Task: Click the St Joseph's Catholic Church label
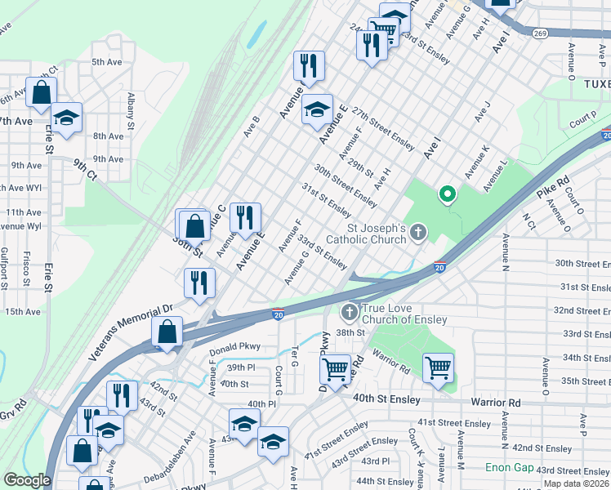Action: (x=365, y=234)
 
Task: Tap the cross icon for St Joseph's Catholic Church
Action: (x=418, y=234)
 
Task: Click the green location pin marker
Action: (x=447, y=194)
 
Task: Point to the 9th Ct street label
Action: (x=83, y=170)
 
